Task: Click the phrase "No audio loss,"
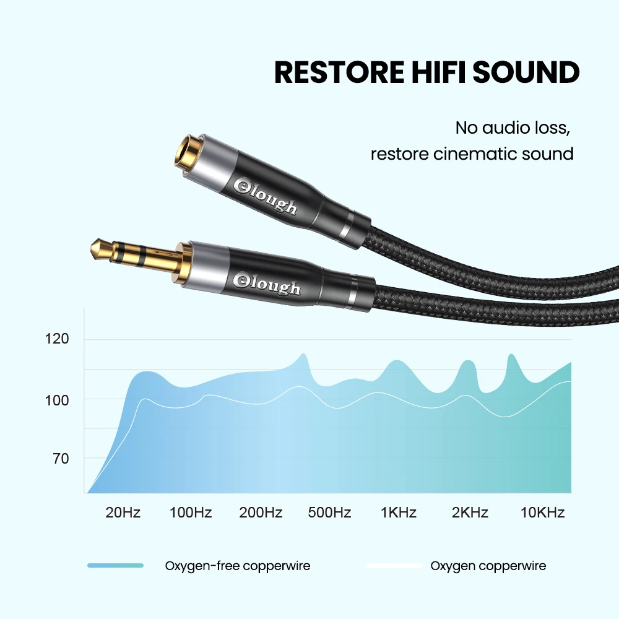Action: (512, 128)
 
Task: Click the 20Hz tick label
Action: (123, 513)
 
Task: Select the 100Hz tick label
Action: (191, 513)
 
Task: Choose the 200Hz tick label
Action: (261, 513)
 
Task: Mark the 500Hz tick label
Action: (329, 513)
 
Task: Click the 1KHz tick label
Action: (399, 513)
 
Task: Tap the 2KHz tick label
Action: (470, 513)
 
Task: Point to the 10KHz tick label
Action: (542, 513)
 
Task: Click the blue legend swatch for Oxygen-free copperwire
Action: (116, 565)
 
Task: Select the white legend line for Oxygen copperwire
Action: (394, 565)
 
